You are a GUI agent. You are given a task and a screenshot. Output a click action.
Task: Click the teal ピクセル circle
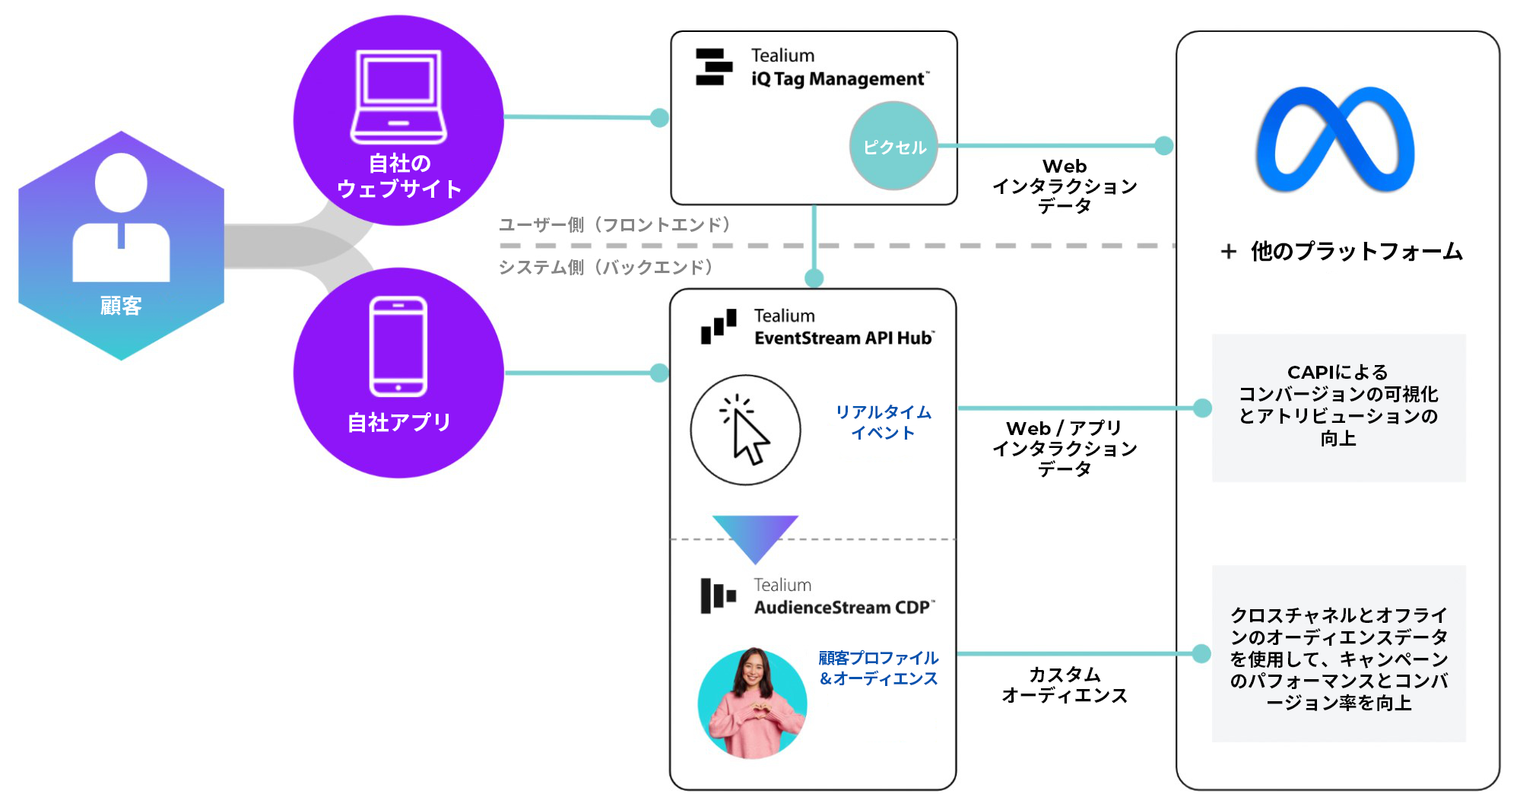click(x=893, y=146)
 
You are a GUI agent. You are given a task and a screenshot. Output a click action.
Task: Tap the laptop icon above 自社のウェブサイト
click(x=398, y=97)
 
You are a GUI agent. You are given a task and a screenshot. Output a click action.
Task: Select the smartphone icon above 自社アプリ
click(x=398, y=346)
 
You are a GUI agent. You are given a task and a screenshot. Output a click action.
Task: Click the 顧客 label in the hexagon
click(x=121, y=306)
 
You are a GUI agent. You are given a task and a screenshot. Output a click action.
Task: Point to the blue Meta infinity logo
click(x=1335, y=140)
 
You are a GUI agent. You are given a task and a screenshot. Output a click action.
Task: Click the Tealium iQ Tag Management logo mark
click(x=713, y=67)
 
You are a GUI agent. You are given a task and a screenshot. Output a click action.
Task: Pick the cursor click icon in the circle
click(x=745, y=430)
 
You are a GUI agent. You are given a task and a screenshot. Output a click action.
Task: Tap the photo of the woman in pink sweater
click(x=752, y=703)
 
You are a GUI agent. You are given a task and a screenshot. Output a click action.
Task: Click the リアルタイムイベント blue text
click(x=883, y=422)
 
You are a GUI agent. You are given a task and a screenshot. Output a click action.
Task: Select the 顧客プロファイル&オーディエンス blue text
click(x=878, y=668)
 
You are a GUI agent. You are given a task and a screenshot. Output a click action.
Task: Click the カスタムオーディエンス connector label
click(x=1064, y=684)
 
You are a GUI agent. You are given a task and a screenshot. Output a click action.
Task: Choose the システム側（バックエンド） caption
click(x=606, y=267)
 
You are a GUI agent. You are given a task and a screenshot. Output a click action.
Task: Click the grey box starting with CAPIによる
click(x=1338, y=407)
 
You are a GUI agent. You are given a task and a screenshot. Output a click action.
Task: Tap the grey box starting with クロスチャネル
click(x=1338, y=653)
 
